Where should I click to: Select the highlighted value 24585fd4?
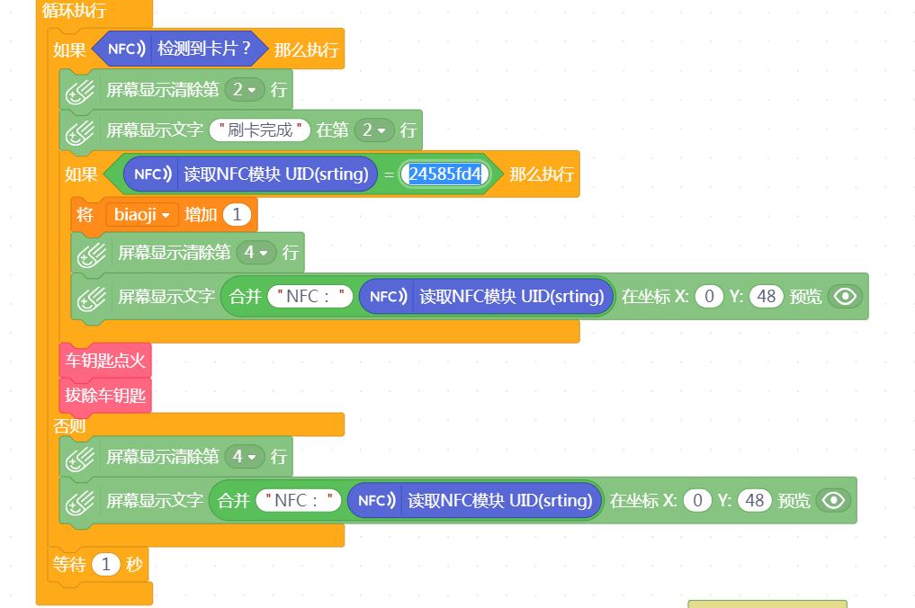[x=444, y=174]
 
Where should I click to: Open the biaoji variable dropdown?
[x=141, y=215]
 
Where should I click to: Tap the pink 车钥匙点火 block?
[x=105, y=360]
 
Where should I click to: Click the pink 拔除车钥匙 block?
[x=105, y=395]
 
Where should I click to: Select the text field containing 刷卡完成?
[x=260, y=130]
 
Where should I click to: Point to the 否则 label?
[x=69, y=425]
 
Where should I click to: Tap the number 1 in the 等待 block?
[x=106, y=564]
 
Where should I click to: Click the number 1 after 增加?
[x=237, y=215]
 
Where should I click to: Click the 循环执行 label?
[x=74, y=10]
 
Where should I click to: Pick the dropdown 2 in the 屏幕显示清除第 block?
[x=245, y=89]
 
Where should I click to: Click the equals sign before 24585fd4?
[x=389, y=174]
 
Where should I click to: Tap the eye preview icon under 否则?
[x=833, y=500]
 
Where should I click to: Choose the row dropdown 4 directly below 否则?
[x=245, y=456]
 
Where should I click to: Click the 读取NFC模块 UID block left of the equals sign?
[x=250, y=174]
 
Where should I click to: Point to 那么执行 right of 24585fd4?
[x=541, y=174]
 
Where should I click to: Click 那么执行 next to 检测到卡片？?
[x=307, y=49]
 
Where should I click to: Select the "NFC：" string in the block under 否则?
[x=298, y=500]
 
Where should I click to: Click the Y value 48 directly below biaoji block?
[x=767, y=297]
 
